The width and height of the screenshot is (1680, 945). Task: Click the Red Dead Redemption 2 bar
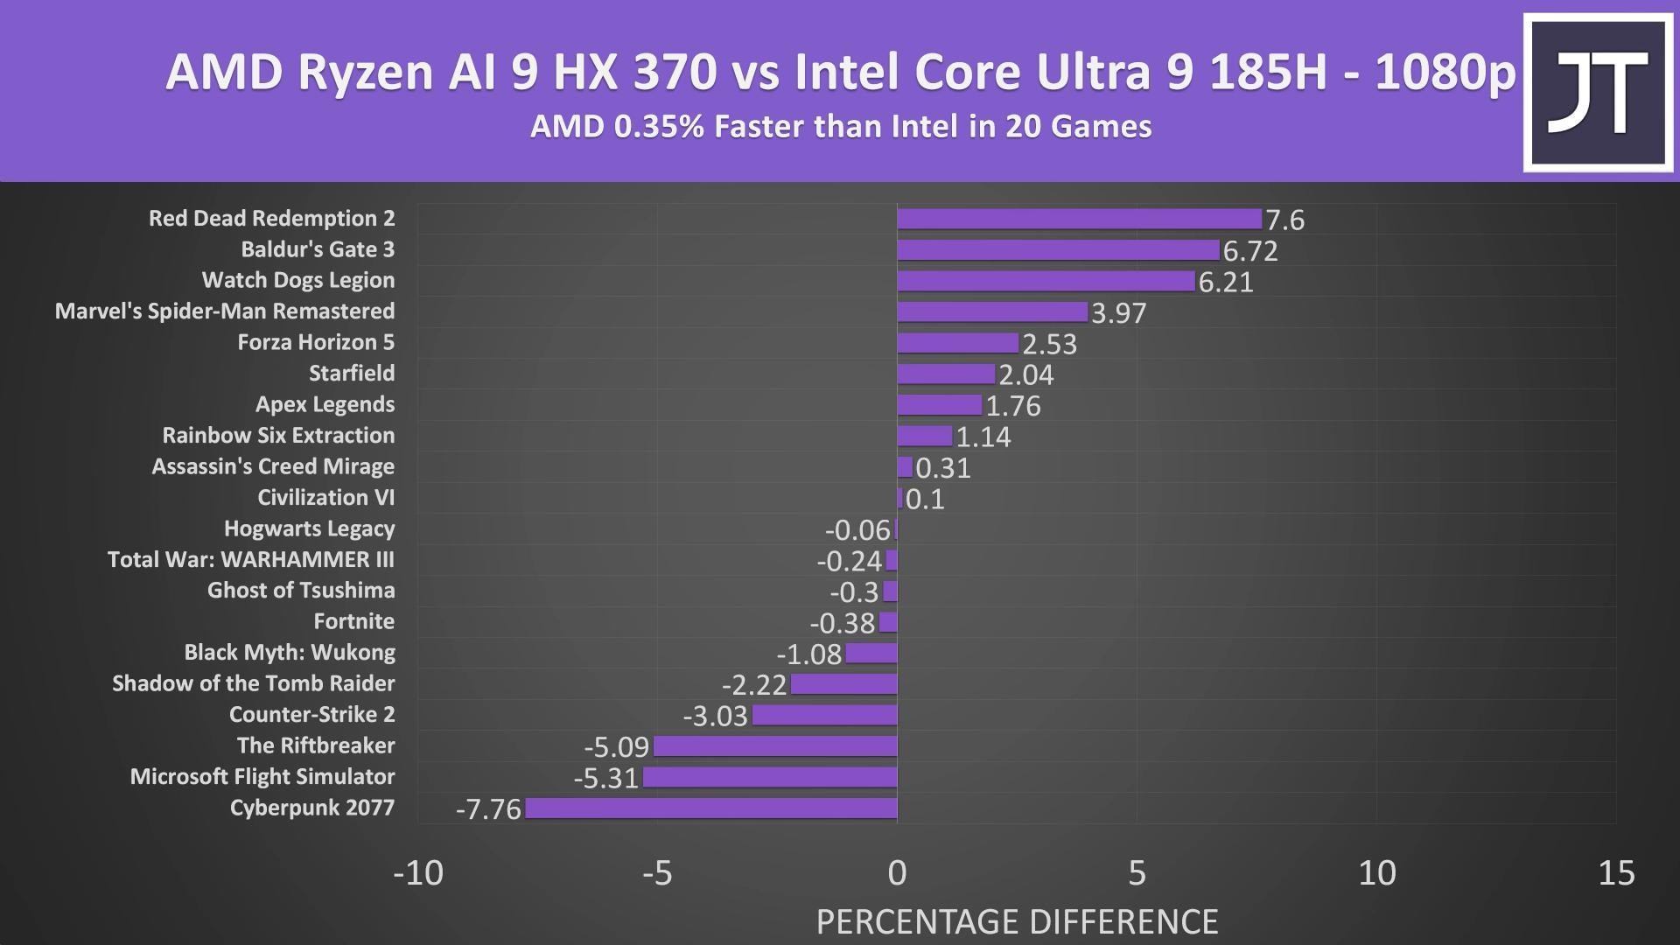click(1079, 219)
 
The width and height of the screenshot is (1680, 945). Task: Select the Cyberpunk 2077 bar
click(710, 808)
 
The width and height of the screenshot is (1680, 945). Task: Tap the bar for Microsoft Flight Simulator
click(770, 777)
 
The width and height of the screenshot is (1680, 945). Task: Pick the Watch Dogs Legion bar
click(1046, 281)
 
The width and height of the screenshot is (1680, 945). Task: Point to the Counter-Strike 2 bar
click(824, 715)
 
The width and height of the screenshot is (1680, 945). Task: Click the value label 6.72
click(1250, 251)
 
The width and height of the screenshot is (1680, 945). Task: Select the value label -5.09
click(616, 747)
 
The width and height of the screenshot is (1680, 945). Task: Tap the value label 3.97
click(1118, 313)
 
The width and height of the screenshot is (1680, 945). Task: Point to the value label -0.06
click(857, 530)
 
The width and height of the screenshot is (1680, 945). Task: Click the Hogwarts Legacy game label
click(309, 528)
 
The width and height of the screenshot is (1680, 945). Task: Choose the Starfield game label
click(352, 374)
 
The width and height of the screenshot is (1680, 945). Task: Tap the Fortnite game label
click(353, 621)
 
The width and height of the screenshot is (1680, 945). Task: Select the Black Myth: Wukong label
click(289, 653)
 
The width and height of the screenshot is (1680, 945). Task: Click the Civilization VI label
click(325, 498)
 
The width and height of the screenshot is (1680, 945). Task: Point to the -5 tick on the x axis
click(657, 872)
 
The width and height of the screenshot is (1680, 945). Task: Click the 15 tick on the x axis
click(1615, 872)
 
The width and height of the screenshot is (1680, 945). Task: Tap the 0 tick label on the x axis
click(897, 872)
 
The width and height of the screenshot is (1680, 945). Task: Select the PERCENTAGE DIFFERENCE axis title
click(1017, 921)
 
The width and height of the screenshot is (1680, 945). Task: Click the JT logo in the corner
click(1598, 93)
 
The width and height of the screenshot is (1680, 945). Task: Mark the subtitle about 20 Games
click(840, 127)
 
